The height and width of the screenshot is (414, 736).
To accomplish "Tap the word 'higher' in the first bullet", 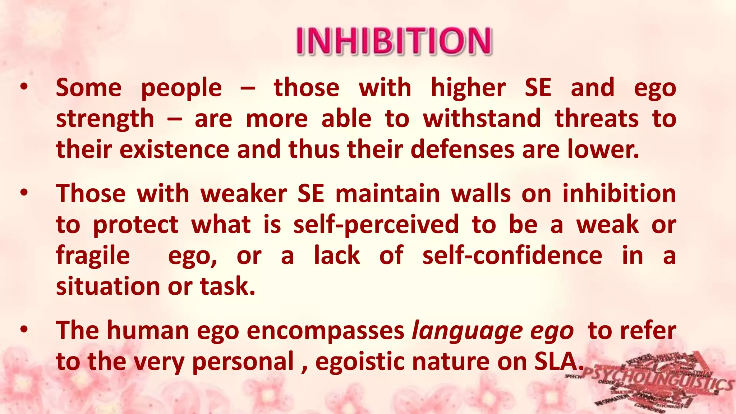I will (x=468, y=88).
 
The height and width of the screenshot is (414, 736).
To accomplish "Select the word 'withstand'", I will (x=482, y=119).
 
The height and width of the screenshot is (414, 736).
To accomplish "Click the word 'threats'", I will (x=597, y=119).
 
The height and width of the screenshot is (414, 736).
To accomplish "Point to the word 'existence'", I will (x=174, y=149).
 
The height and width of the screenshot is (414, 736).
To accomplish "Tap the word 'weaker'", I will (x=244, y=194).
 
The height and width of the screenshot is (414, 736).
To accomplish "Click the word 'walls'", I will (x=481, y=194).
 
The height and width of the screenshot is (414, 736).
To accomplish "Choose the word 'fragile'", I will (x=93, y=256).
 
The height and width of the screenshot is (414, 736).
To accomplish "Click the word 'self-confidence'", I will (x=512, y=256).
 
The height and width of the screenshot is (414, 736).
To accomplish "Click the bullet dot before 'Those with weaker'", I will (x=24, y=193).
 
